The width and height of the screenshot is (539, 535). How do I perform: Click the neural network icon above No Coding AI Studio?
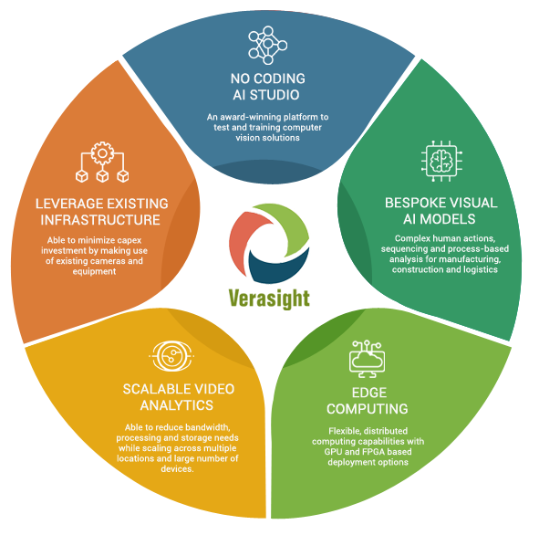click(x=268, y=45)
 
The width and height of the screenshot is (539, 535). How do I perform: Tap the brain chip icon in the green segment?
click(x=441, y=161)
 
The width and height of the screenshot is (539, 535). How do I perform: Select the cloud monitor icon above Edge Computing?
click(x=368, y=359)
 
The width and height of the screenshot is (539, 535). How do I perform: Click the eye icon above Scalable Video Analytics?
click(x=171, y=356)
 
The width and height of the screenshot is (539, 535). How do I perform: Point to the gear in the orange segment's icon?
click(x=102, y=153)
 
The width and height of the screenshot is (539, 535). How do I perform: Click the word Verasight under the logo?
click(x=269, y=299)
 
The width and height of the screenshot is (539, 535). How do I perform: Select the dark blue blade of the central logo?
click(x=278, y=267)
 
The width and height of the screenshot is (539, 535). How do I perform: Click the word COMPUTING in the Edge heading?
click(x=368, y=409)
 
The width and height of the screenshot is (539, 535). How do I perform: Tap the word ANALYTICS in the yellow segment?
click(x=177, y=405)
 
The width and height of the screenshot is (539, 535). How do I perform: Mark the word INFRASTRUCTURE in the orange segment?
click(x=100, y=220)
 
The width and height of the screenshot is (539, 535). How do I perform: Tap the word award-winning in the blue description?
click(x=245, y=118)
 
